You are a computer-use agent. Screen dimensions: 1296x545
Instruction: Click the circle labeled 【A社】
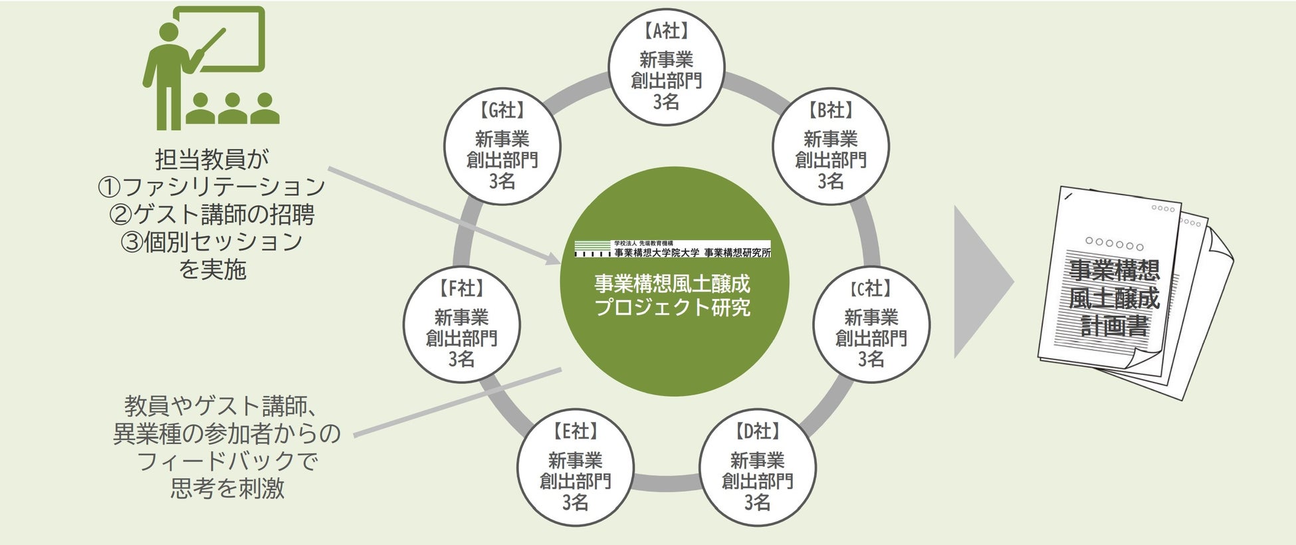[x=666, y=66]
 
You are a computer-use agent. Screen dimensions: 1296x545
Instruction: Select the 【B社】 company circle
[x=830, y=146]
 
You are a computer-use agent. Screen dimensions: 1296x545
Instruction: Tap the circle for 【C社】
[x=871, y=324]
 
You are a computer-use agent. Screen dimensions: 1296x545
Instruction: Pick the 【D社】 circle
[x=757, y=468]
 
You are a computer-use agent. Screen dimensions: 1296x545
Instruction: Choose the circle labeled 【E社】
[x=576, y=468]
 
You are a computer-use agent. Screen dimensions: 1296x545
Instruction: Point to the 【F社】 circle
[x=461, y=324]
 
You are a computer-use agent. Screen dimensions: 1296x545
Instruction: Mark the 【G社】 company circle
[x=502, y=146]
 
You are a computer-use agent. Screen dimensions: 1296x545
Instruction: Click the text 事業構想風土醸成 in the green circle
[x=672, y=284]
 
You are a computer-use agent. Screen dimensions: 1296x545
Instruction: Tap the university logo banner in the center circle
[x=673, y=249]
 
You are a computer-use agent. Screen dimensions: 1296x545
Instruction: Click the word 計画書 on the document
[x=1115, y=326]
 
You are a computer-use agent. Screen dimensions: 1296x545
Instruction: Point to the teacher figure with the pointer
[x=166, y=73]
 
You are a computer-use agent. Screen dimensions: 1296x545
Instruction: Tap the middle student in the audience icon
[x=232, y=110]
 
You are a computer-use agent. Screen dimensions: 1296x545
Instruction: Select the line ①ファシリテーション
[x=212, y=187]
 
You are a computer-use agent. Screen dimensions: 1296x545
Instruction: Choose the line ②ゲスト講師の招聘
[x=212, y=214]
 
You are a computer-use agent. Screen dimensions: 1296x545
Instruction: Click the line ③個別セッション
[x=212, y=241]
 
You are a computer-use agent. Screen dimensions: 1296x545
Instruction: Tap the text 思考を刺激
[x=227, y=489]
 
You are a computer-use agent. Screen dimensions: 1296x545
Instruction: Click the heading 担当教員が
[x=212, y=160]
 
